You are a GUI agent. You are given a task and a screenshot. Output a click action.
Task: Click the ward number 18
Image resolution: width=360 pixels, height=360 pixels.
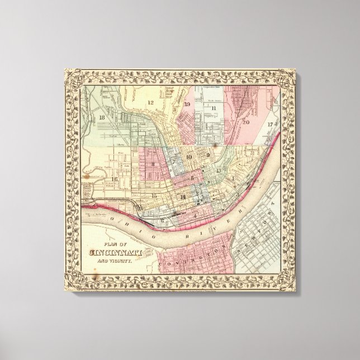tap(101, 119)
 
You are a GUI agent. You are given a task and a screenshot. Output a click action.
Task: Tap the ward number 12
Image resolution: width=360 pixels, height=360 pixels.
tap(150, 102)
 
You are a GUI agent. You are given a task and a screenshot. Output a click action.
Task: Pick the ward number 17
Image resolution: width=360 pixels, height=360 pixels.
tap(270, 124)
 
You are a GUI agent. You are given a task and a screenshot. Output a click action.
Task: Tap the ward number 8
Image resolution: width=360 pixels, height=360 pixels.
tap(153, 164)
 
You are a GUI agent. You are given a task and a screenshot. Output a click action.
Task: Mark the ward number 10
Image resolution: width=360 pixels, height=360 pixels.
tap(189, 157)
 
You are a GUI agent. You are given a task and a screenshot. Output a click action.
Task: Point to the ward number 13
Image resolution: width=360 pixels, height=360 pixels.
tap(219, 170)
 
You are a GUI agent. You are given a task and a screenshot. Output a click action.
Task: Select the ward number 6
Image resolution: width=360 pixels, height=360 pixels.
tap(162, 220)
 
